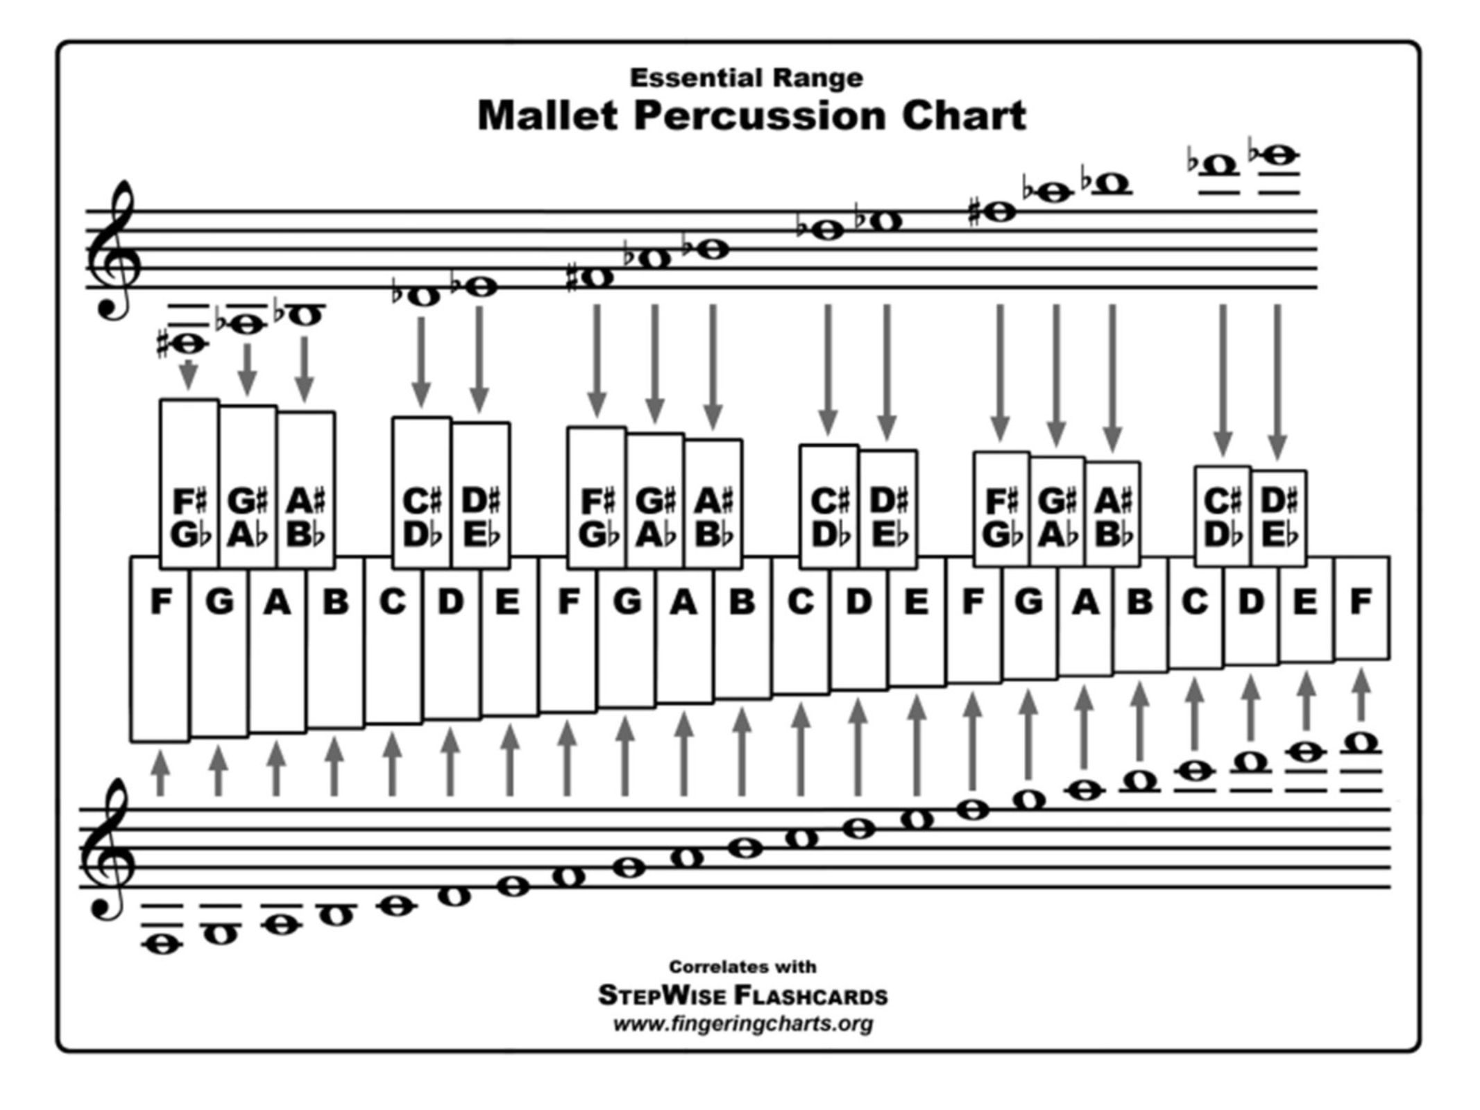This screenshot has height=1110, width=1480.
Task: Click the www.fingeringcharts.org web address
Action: coord(742,1024)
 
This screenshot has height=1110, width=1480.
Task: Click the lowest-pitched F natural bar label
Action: coord(161,601)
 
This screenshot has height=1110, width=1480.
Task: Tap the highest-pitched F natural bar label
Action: coord(1361,601)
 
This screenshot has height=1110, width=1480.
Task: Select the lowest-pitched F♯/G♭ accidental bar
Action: coord(189,517)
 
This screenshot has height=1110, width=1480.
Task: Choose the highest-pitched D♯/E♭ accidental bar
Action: coord(1279,517)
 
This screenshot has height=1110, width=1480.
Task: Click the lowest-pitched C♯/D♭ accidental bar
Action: coord(421,517)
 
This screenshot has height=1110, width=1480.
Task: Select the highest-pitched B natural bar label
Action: coord(1139,601)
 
